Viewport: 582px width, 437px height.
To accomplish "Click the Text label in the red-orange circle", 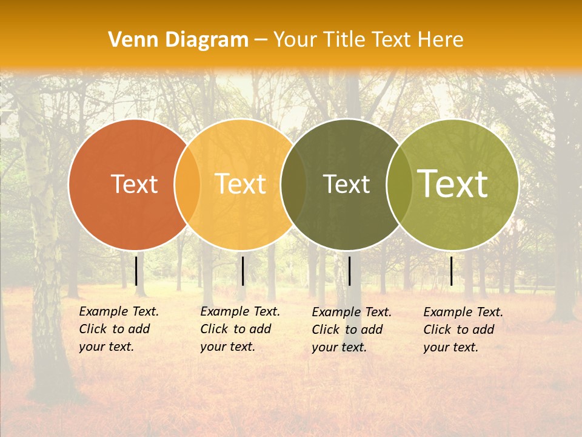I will click(x=134, y=184).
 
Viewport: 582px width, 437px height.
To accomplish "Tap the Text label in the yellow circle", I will click(x=240, y=184).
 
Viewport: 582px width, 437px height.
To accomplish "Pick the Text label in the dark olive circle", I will click(x=346, y=184).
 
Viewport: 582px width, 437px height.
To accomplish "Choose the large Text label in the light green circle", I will click(x=452, y=184).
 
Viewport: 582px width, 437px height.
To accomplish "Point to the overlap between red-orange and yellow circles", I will click(x=187, y=185).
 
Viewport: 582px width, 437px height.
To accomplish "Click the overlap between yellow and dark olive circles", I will click(x=293, y=185).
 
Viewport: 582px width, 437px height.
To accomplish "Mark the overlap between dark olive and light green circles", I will click(x=399, y=185).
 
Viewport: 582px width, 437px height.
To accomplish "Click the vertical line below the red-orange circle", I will click(x=136, y=271).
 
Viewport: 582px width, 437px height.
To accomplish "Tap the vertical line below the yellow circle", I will click(x=242, y=271).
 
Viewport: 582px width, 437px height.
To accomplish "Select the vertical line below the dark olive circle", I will click(x=349, y=271).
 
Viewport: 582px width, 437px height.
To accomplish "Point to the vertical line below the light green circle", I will click(x=452, y=271).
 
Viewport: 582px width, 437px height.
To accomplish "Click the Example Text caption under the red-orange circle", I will click(x=118, y=329).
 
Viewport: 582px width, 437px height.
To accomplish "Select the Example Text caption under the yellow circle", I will click(x=239, y=329).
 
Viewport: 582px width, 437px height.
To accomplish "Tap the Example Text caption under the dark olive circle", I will click(x=351, y=330).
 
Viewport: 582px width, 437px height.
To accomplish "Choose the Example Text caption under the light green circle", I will click(x=463, y=330).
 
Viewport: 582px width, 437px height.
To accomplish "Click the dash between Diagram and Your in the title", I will click(x=261, y=41).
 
